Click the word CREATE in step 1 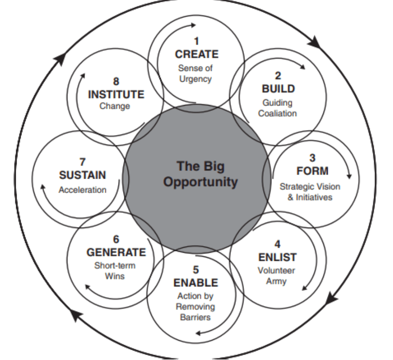(x=197, y=54)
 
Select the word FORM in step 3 (x=313, y=171)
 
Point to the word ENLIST (x=278, y=257)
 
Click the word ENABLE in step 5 (x=196, y=283)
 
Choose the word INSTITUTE (x=116, y=95)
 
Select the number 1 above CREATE (x=196, y=42)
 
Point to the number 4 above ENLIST (x=278, y=245)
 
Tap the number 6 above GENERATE (x=116, y=240)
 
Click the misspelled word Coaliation (x=278, y=114)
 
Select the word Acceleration (x=83, y=189)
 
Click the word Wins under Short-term (x=115, y=276)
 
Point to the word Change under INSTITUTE (x=115, y=107)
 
